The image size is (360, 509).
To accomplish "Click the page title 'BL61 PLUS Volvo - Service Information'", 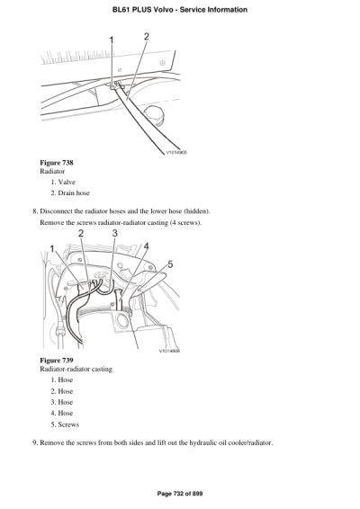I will [180, 10].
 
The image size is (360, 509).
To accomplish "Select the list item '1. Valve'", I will [62, 182].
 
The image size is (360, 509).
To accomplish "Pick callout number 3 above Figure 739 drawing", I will [115, 233].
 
